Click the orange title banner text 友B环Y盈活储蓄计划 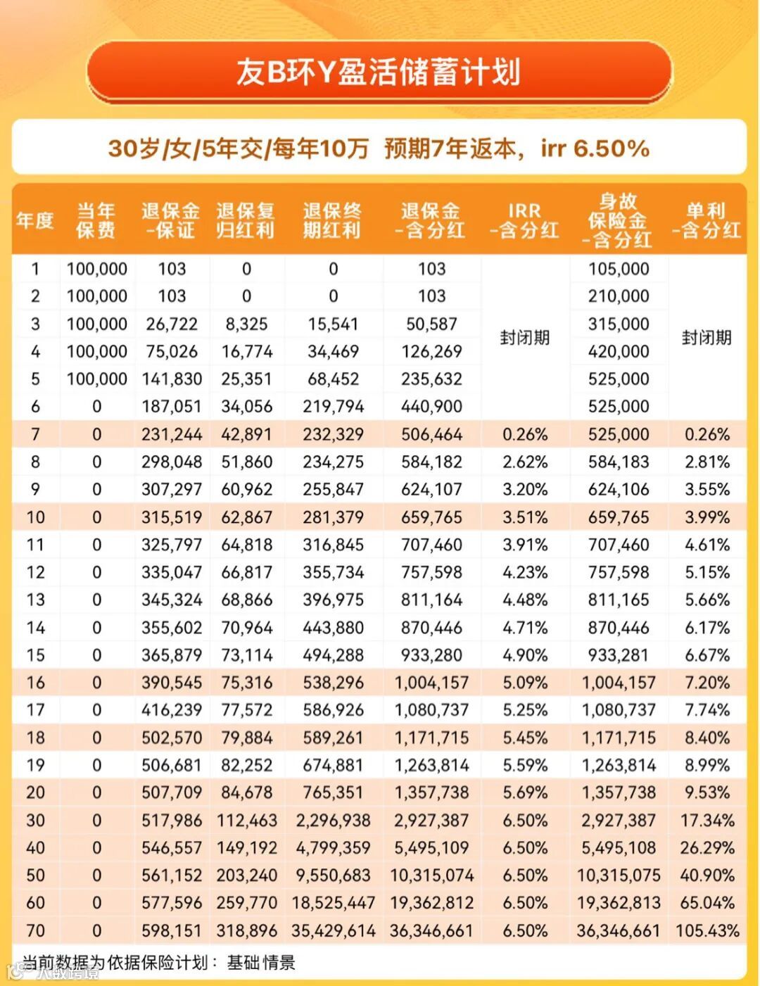[x=379, y=72]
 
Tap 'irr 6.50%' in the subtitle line [x=595, y=148]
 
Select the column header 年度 [x=34, y=220]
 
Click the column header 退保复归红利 [x=246, y=220]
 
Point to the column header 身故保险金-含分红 [x=618, y=220]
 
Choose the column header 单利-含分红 [x=706, y=220]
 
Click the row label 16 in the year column [x=35, y=683]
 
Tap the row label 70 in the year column [x=35, y=931]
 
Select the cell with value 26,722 [x=172, y=324]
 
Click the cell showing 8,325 [x=246, y=324]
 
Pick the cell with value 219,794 [x=333, y=407]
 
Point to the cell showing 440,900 [x=431, y=407]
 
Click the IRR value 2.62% [x=525, y=462]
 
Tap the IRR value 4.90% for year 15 [x=525, y=655]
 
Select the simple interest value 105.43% [x=707, y=931]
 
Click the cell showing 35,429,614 [x=333, y=931]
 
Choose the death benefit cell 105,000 [x=619, y=269]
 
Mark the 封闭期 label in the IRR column [x=525, y=338]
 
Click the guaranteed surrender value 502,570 [x=172, y=738]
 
